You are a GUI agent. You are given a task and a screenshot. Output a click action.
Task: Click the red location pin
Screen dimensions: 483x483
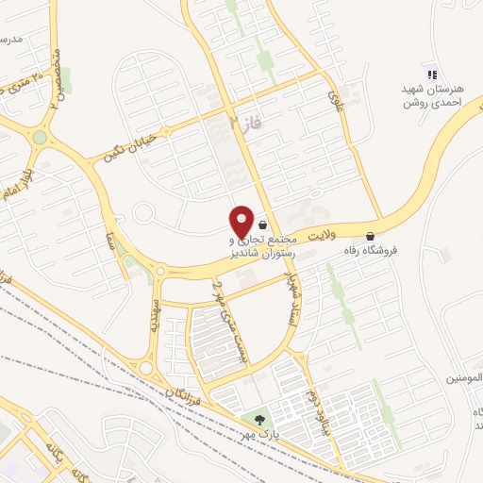click(x=241, y=221)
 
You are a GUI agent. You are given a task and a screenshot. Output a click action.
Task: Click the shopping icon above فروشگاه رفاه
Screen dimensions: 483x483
click(x=370, y=236)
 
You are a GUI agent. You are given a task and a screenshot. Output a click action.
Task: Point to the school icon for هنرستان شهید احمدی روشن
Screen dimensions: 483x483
click(x=432, y=75)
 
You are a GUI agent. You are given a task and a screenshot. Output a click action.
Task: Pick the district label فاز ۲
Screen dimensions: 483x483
click(x=242, y=121)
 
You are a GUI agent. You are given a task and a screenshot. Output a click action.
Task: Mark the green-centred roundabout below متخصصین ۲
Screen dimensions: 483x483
click(x=40, y=138)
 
